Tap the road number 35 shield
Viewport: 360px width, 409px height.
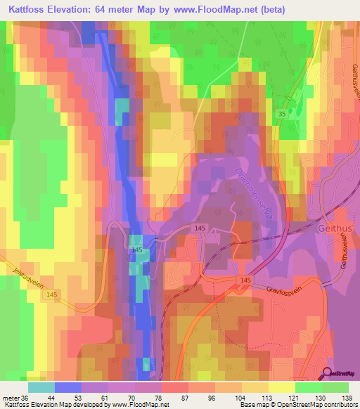(281, 112)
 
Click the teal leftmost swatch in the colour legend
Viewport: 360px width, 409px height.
(41, 387)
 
